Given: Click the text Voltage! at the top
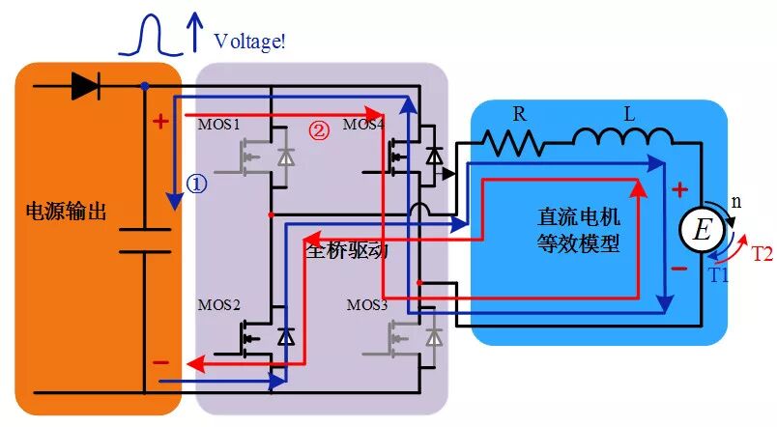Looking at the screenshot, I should coord(249,41).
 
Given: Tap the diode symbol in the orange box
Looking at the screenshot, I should coord(86,86).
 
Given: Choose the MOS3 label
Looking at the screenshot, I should coord(368,305).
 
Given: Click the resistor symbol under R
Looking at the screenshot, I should coord(516,144).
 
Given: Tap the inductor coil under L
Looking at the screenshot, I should coord(624,142).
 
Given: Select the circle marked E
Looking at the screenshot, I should coord(703,229).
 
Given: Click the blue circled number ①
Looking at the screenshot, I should coord(197,185).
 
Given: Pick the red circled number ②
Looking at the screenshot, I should coord(318,129).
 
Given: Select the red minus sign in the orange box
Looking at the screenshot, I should coord(160,363).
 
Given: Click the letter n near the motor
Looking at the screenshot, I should coord(735,203).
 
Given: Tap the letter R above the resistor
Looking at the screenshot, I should coord(519,113).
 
